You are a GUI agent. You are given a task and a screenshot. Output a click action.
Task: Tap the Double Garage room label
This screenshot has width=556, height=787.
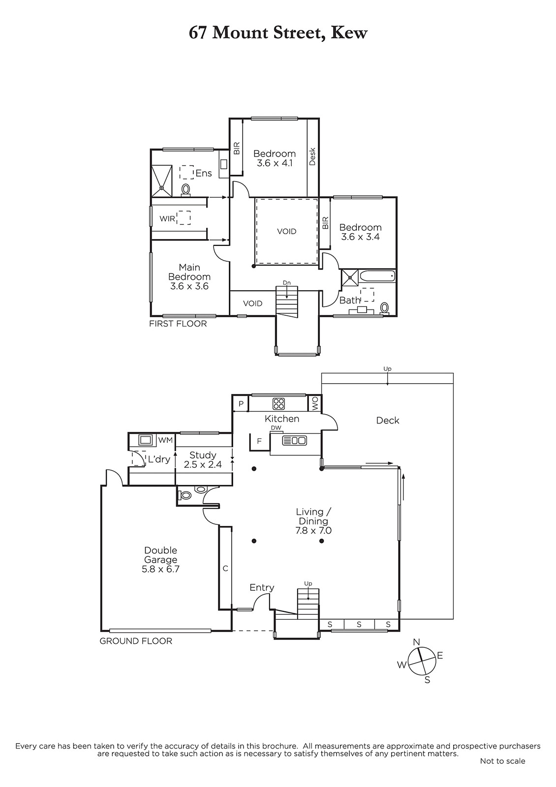click(x=160, y=560)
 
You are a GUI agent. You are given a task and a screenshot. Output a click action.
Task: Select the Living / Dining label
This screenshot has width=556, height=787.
click(x=313, y=521)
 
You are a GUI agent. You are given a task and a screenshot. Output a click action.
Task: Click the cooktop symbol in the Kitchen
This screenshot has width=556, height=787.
click(x=279, y=404)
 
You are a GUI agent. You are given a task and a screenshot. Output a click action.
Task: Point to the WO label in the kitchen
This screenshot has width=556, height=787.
click(x=315, y=404)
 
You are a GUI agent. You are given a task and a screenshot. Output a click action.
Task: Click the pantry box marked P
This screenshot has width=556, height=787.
click(x=241, y=404)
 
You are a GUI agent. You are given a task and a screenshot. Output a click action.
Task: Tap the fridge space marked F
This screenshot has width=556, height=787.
click(x=259, y=441)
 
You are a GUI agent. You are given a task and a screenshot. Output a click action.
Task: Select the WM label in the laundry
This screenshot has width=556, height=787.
click(x=165, y=440)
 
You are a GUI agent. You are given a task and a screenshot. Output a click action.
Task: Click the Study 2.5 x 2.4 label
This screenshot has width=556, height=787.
click(x=203, y=460)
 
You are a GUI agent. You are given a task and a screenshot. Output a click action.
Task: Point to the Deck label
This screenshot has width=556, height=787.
click(x=388, y=421)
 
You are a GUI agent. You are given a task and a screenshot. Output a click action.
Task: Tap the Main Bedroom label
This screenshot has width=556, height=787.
click(x=189, y=277)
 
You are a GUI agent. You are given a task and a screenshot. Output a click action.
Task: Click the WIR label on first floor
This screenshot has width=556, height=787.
click(x=167, y=218)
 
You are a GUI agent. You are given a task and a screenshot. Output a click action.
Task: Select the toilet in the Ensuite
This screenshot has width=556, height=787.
click(x=186, y=190)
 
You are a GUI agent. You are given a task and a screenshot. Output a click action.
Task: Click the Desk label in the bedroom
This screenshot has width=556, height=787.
click(x=312, y=157)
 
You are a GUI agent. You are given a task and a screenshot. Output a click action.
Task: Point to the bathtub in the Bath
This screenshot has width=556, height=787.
click(x=377, y=276)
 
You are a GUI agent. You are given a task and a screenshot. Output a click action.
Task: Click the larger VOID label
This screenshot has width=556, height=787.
click(x=287, y=232)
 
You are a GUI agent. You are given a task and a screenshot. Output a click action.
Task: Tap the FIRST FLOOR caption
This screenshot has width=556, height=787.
click(x=178, y=324)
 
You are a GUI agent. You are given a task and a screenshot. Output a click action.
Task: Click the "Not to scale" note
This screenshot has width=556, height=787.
click(x=502, y=761)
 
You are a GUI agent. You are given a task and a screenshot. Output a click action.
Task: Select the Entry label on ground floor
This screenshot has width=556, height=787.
click(x=262, y=587)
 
